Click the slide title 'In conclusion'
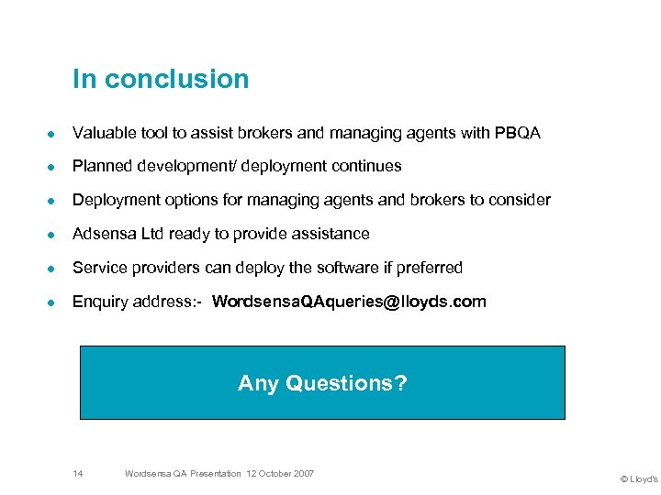click(x=161, y=80)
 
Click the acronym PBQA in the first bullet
click(x=516, y=134)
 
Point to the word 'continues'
click(x=367, y=167)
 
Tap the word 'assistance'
click(x=330, y=234)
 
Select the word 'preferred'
click(x=429, y=268)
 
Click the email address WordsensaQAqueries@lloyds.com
click(x=349, y=302)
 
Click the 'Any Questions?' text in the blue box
click(x=322, y=383)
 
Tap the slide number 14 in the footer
click(x=78, y=473)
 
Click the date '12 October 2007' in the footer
click(x=279, y=473)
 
